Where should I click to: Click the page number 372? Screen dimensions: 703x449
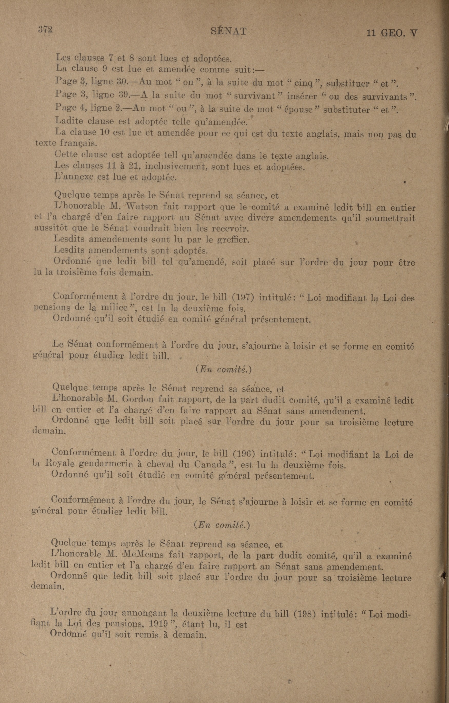coord(45,30)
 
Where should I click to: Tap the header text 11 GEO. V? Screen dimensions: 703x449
coord(392,34)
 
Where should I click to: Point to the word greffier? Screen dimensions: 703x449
coord(233,240)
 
